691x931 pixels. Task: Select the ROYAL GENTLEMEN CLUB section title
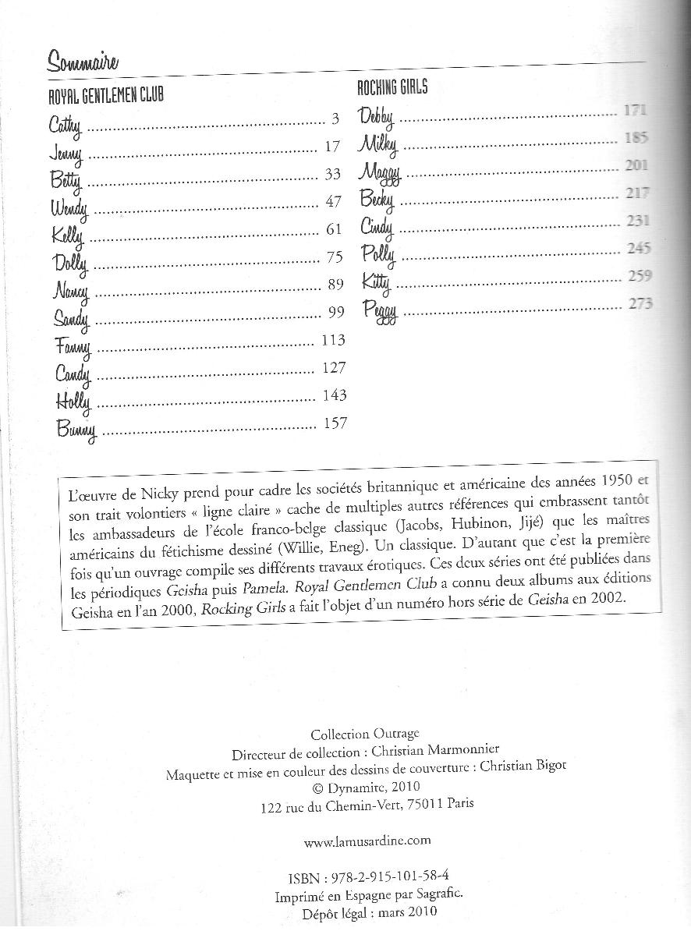coord(106,97)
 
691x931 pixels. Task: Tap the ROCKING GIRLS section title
coord(392,87)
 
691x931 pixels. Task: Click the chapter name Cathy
coord(65,124)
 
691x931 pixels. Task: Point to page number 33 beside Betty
coord(333,175)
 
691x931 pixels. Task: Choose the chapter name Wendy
coord(70,207)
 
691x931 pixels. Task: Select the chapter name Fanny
coord(73,345)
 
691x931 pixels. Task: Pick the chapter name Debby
coord(377,117)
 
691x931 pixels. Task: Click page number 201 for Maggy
coord(636,165)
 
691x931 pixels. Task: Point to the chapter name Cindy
coord(377,227)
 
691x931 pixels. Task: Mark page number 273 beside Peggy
coord(640,303)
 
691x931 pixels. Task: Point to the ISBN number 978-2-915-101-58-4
coord(397,876)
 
